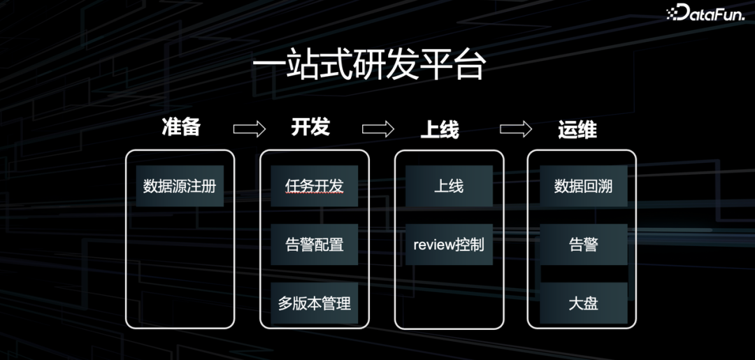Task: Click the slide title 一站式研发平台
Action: click(x=368, y=67)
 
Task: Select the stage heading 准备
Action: click(x=181, y=127)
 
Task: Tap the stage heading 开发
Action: click(x=310, y=127)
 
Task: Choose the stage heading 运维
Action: click(x=577, y=129)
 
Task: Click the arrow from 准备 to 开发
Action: click(x=249, y=129)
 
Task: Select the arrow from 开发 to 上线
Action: click(x=377, y=129)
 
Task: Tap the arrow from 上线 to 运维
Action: click(x=516, y=129)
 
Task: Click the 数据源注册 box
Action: click(x=180, y=186)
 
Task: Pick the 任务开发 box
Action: click(x=315, y=186)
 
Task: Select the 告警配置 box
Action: click(x=315, y=245)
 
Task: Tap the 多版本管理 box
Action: click(x=315, y=303)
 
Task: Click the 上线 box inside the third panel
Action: click(x=449, y=186)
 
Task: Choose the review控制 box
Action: click(x=449, y=245)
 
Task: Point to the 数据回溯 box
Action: click(x=583, y=186)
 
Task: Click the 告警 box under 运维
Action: click(x=583, y=245)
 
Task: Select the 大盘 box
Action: click(x=583, y=303)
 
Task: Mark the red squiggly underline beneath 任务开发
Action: click(x=315, y=196)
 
